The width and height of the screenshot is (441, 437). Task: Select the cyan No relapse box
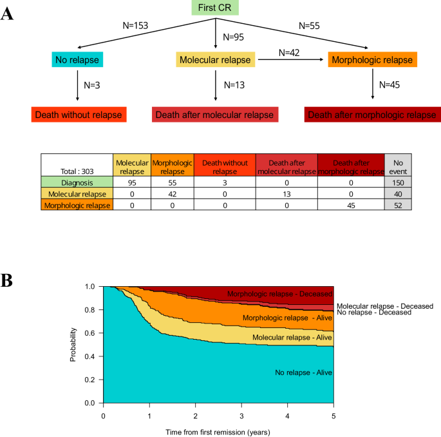[77, 60]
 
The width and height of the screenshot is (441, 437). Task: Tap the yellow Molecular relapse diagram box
[216, 60]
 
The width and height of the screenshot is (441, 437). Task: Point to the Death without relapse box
[77, 115]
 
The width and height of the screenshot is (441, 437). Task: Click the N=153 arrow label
[135, 26]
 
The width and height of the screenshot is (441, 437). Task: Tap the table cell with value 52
[397, 205]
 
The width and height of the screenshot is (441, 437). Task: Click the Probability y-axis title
[73, 344]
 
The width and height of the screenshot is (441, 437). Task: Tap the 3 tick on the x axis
[241, 416]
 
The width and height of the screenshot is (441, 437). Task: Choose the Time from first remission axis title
[218, 430]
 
